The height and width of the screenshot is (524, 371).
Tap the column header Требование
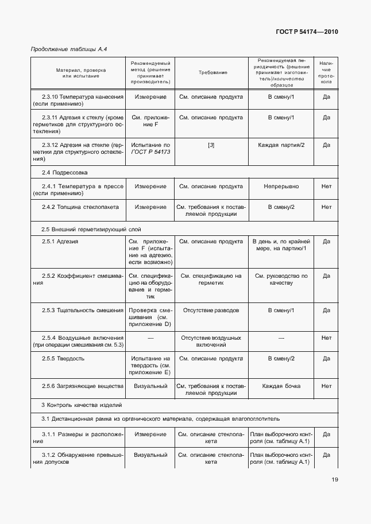tap(213, 72)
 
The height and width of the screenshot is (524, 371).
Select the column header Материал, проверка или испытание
tap(78, 72)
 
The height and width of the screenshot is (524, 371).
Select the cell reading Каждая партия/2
tap(281, 145)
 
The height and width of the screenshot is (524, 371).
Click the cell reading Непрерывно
tap(281, 187)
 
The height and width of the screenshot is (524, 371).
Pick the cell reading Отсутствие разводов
tap(211, 310)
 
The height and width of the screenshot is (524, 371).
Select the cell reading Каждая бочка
tap(281, 386)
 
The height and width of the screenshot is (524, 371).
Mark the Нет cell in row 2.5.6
tap(326, 386)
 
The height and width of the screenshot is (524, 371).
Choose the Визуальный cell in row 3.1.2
tap(150, 455)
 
